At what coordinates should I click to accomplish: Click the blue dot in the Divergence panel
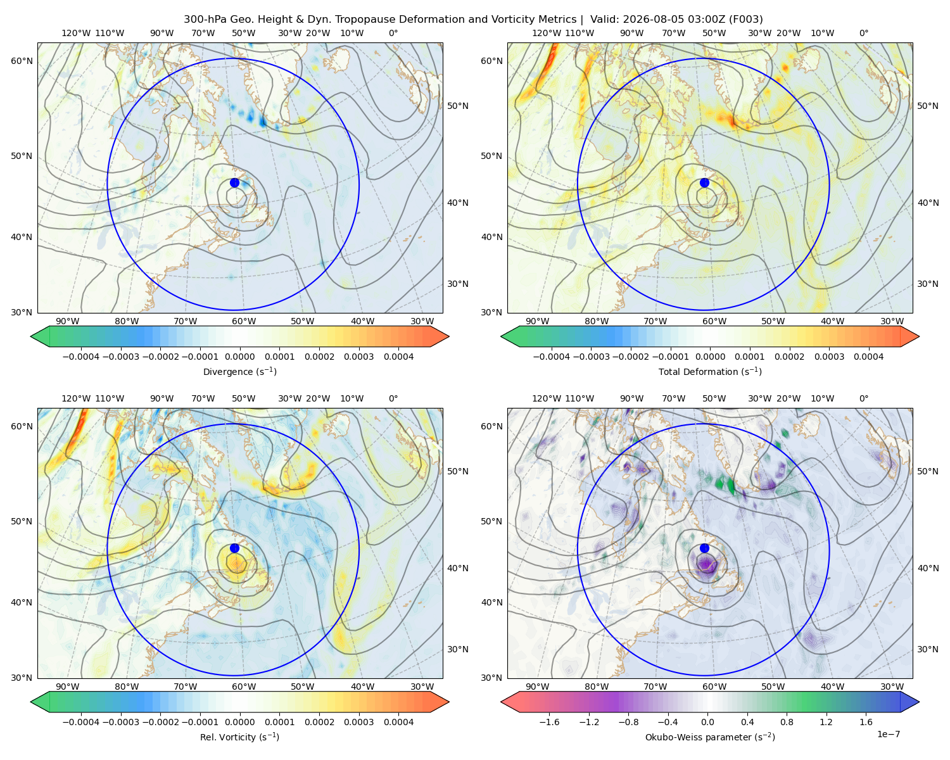[x=234, y=183]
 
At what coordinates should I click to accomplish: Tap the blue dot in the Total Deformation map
[x=704, y=183]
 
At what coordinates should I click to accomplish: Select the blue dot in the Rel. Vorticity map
[x=234, y=548]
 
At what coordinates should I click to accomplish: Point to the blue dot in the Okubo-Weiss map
[x=704, y=548]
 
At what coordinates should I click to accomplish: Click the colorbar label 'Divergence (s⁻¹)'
[x=239, y=371]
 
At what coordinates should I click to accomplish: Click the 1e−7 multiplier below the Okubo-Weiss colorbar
[x=888, y=734]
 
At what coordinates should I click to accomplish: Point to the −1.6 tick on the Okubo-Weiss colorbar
[x=549, y=722]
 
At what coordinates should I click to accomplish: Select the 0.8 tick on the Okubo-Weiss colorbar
[x=787, y=722]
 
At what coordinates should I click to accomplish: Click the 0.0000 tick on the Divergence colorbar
[x=239, y=357]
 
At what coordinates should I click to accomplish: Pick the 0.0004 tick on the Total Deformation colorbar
[x=869, y=357]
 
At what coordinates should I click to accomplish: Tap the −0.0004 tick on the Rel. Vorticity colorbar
[x=81, y=722]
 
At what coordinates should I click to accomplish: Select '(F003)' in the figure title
[x=746, y=20]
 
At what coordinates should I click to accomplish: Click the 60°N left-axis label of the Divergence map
[x=22, y=61]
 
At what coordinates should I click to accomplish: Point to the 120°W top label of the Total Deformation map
[x=546, y=33]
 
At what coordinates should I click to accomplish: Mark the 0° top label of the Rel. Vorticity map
[x=393, y=398]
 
